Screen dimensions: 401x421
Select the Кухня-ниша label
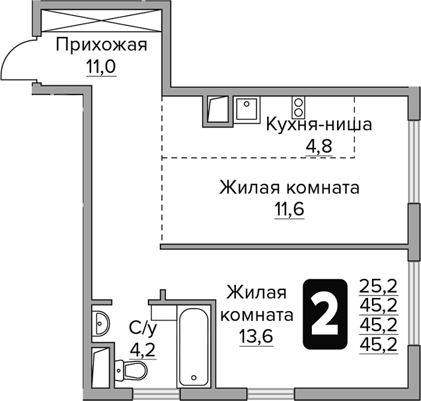(x=310, y=124)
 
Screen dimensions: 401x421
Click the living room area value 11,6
(x=289, y=210)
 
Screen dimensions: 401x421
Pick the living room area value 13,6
(x=256, y=336)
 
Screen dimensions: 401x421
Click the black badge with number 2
(x=325, y=314)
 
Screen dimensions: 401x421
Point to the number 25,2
(x=378, y=285)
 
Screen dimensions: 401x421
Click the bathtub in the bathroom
(x=195, y=349)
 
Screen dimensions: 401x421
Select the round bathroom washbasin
(x=101, y=322)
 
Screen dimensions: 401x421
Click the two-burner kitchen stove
(x=299, y=107)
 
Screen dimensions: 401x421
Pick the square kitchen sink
(x=247, y=109)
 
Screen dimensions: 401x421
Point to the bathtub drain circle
(x=194, y=379)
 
